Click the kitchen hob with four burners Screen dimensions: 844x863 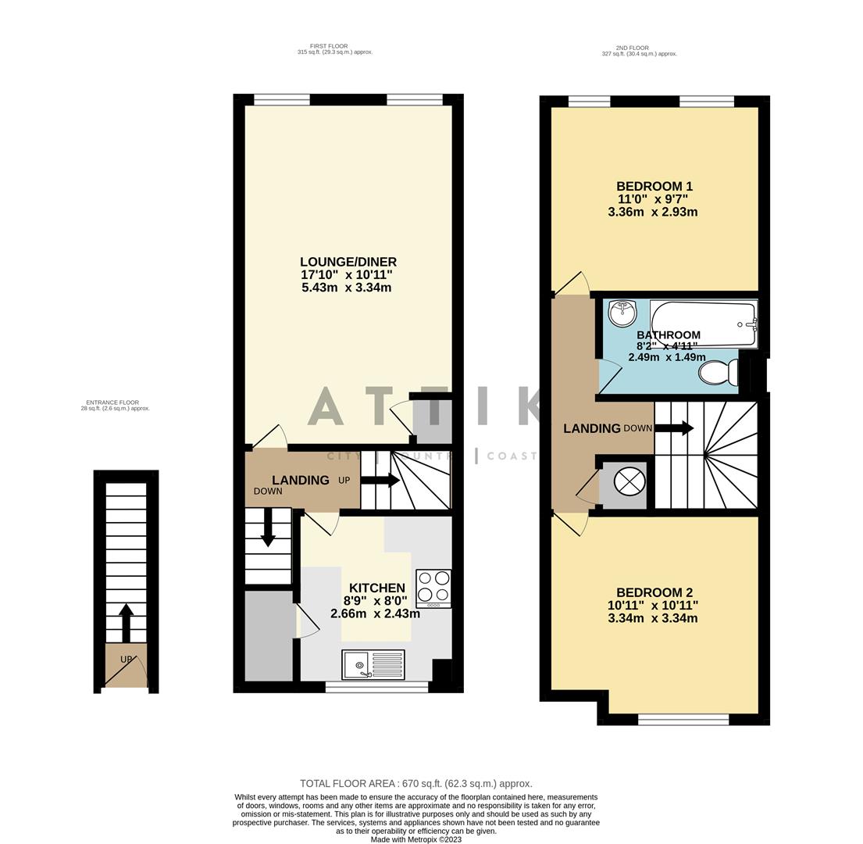(x=433, y=588)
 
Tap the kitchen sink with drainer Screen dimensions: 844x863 (x=373, y=665)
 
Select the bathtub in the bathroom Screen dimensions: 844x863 (x=704, y=324)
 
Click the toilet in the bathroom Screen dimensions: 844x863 (x=718, y=373)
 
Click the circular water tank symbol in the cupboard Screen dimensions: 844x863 (x=629, y=481)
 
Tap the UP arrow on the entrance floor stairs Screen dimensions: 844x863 (x=126, y=622)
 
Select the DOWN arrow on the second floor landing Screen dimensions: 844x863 (x=674, y=428)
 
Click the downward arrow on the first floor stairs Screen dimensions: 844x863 (x=268, y=527)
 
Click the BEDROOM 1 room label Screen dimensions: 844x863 (x=654, y=187)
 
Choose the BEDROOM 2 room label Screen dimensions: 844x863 (x=654, y=592)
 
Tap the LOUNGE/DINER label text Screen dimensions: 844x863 (x=348, y=262)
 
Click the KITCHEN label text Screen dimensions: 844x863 (x=376, y=588)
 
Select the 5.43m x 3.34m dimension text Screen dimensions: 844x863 (x=346, y=288)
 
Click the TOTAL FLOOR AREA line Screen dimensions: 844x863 (x=415, y=783)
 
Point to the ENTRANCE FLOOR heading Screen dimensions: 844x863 (x=112, y=402)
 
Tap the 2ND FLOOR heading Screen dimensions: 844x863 (x=632, y=48)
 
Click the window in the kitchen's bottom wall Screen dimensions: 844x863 (x=376, y=687)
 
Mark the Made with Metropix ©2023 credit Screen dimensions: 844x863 (x=415, y=839)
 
